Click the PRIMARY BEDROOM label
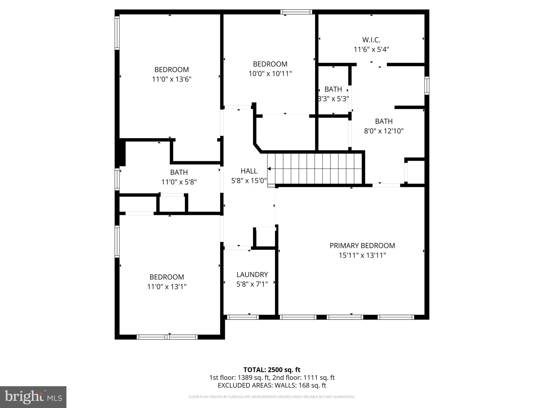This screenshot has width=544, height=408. pos(362,245)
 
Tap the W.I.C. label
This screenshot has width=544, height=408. pos(371,40)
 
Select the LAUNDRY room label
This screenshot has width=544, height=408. pos(252,274)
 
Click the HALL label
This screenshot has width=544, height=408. pos(249,171)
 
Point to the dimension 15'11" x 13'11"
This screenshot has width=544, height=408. pos(362,255)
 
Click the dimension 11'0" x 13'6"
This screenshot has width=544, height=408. pos(172,79)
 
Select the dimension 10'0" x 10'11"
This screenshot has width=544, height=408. pos(270,74)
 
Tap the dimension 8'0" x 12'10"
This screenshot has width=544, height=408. pos(384,131)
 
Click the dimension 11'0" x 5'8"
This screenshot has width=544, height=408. pos(179,182)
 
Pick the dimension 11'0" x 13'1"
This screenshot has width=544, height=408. pos(167,287)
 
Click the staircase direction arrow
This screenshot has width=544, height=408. pos(269,169)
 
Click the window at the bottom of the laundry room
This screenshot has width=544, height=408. pos(243,317)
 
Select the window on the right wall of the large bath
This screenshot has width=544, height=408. pos(427,86)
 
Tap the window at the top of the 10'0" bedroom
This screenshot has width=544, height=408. pos(296,12)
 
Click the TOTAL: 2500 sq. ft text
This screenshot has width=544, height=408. pos(272,370)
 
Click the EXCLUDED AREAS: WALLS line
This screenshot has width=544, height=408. pos(272,385)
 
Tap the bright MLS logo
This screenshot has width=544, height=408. pos(33,397)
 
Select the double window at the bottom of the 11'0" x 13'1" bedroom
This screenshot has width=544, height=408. pos(167,337)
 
